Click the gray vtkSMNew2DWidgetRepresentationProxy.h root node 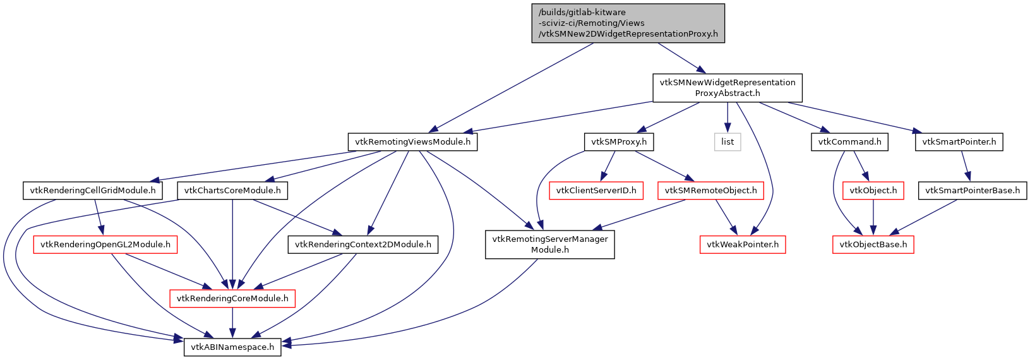click(x=628, y=23)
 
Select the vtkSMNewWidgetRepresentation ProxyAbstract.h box click(x=727, y=88)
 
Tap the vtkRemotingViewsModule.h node click(x=412, y=142)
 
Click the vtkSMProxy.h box click(x=619, y=142)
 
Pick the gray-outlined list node click(x=728, y=142)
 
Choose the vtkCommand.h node click(x=849, y=142)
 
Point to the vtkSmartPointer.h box click(x=959, y=142)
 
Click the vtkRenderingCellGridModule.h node click(x=92, y=190)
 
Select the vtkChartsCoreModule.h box click(x=232, y=190)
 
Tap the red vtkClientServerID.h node click(x=596, y=190)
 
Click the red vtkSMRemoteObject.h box click(x=710, y=190)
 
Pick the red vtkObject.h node click(x=873, y=190)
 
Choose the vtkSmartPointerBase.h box click(x=972, y=190)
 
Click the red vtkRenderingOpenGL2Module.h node click(x=105, y=244)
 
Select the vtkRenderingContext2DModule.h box click(x=362, y=244)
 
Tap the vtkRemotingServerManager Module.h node click(x=550, y=244)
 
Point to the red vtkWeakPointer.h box click(x=742, y=244)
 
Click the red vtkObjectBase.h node click(x=873, y=244)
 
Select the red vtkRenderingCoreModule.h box click(x=232, y=298)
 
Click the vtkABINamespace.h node click(x=232, y=347)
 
